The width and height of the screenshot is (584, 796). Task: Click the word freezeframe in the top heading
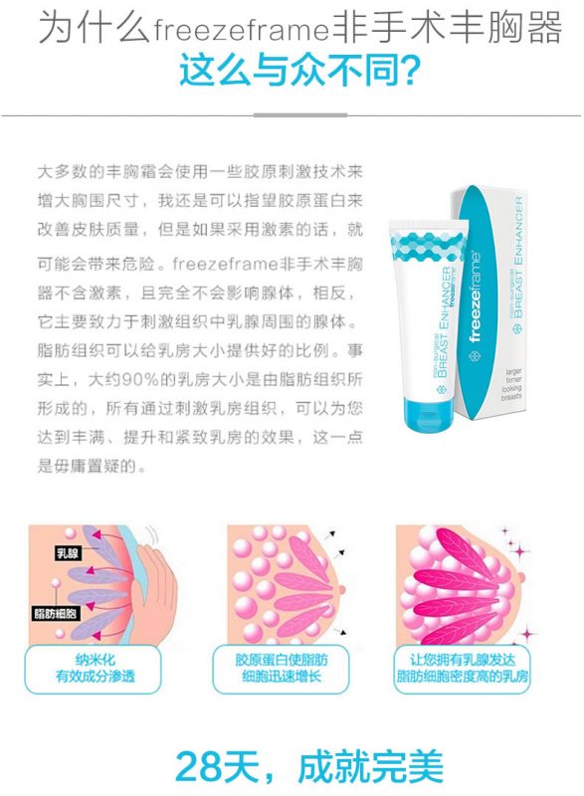(x=241, y=30)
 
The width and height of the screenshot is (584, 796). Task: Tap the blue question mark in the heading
(x=407, y=70)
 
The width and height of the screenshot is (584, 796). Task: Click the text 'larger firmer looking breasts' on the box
(x=512, y=384)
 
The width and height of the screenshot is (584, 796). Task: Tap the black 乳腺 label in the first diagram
(x=67, y=553)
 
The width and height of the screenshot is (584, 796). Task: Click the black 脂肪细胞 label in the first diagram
(x=55, y=613)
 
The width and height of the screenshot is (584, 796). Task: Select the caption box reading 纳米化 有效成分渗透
(x=93, y=670)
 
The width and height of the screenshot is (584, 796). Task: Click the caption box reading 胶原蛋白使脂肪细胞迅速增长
(x=282, y=670)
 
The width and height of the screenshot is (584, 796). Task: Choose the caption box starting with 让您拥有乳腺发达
(x=462, y=670)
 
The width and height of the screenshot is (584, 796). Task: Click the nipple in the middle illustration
(x=344, y=590)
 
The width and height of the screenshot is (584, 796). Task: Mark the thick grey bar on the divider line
(x=300, y=115)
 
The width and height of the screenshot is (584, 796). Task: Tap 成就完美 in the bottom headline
(x=371, y=766)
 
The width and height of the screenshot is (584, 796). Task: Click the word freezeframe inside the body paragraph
(x=225, y=264)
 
